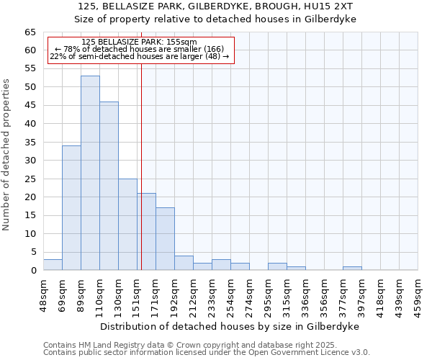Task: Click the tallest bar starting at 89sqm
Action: tap(90, 173)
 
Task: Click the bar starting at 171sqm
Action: tap(165, 238)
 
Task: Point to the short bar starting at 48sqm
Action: tap(53, 264)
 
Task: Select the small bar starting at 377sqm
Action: tap(352, 268)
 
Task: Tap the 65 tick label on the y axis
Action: tap(30, 32)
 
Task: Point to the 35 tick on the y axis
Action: tap(30, 143)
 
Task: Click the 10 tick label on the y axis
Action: tap(30, 234)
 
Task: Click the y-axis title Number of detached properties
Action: tap(7, 155)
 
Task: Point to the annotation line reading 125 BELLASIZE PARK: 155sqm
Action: tap(139, 42)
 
